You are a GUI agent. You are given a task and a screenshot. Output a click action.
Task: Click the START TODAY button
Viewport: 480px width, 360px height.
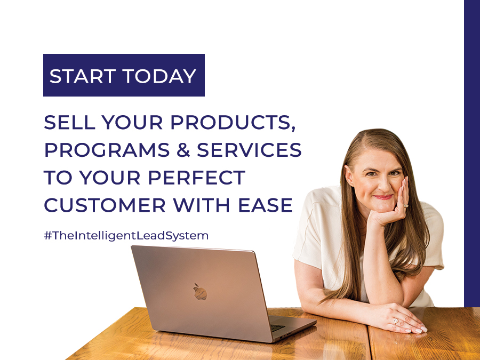point(124,75)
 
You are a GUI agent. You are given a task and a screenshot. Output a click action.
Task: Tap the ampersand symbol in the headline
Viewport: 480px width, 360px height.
point(183,150)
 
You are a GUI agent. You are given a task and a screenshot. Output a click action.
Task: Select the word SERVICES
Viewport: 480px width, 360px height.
point(249,150)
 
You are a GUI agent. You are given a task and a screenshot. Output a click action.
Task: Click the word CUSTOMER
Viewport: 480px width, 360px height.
point(105,205)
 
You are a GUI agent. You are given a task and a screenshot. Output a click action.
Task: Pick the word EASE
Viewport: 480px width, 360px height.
point(265,205)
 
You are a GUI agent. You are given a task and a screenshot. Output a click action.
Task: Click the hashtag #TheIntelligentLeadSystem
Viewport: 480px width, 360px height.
point(126,235)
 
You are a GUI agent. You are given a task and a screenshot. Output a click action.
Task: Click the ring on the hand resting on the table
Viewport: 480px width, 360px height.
point(396,321)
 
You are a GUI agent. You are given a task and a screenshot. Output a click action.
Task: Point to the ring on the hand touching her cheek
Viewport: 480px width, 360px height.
point(406,206)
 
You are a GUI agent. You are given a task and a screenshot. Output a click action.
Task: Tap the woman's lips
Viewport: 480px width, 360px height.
point(383,197)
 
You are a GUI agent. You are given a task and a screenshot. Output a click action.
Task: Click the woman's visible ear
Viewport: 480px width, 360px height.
point(349,175)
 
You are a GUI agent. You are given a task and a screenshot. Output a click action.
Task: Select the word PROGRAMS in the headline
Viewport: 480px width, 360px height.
point(107,150)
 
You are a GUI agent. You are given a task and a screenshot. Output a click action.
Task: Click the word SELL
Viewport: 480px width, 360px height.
point(69,122)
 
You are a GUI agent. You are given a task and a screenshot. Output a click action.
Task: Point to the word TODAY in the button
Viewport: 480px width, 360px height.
point(159,76)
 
